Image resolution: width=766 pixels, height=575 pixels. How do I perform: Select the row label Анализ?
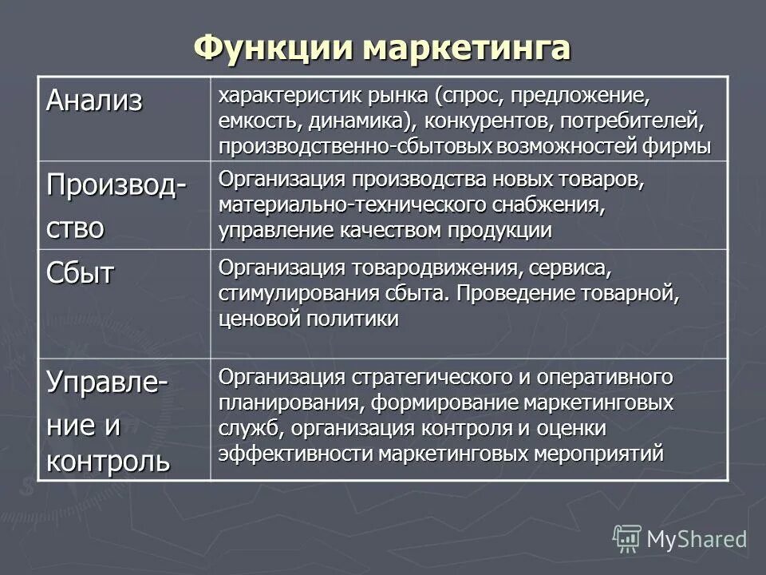tap(94, 101)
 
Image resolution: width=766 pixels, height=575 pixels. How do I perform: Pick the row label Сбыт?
tap(80, 273)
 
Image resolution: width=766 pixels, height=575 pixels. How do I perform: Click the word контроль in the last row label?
tap(108, 461)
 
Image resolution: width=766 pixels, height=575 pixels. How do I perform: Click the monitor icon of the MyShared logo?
tap(628, 539)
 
